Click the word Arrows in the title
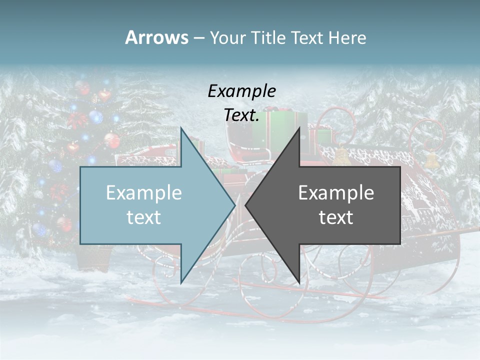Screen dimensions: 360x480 click(156, 37)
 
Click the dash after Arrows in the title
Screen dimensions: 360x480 click(198, 38)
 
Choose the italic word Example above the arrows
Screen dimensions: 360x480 click(242, 91)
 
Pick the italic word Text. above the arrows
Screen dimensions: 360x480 click(242, 115)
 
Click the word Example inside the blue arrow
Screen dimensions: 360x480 click(144, 193)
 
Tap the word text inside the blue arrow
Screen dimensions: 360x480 click(144, 217)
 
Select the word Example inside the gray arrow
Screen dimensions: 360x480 click(336, 193)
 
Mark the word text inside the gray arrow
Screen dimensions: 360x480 click(336, 217)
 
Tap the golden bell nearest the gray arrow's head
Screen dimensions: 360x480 click(341, 155)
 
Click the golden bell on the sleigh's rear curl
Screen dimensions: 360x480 click(431, 160)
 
